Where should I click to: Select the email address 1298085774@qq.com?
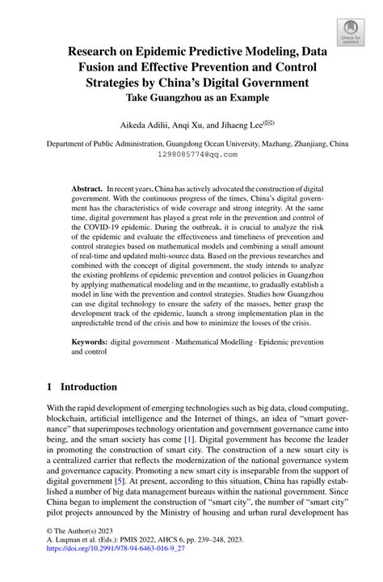191,153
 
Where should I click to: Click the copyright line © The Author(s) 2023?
76,546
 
